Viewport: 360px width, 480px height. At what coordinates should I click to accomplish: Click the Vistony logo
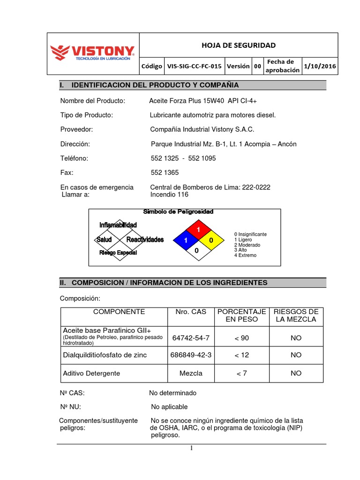pyautogui.click(x=92, y=53)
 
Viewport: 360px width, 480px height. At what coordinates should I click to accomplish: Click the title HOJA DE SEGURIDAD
pyautogui.click(x=239, y=45)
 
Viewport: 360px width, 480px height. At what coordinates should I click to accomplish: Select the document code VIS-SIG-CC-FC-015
pyautogui.click(x=194, y=66)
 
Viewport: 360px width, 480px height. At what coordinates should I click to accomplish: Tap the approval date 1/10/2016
pyautogui.click(x=320, y=66)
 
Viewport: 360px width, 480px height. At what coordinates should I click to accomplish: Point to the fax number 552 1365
pyautogui.click(x=165, y=172)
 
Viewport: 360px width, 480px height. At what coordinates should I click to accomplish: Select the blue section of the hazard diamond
pyautogui.click(x=186, y=240)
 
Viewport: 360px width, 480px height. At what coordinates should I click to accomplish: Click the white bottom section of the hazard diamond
pyautogui.click(x=197, y=251)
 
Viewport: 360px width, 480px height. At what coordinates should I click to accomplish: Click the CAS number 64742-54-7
pyautogui.click(x=191, y=337)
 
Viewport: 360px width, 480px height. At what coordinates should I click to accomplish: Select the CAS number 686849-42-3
pyautogui.click(x=191, y=355)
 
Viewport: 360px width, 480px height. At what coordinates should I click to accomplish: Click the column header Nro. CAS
pyautogui.click(x=191, y=312)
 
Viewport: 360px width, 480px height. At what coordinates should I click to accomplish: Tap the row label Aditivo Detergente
pyautogui.click(x=91, y=373)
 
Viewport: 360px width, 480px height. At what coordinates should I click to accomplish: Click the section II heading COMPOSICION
pyautogui.click(x=163, y=283)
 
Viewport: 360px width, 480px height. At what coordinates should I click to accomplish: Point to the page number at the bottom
pyautogui.click(x=191, y=449)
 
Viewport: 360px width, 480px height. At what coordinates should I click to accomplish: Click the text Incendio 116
pyautogui.click(x=169, y=194)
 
